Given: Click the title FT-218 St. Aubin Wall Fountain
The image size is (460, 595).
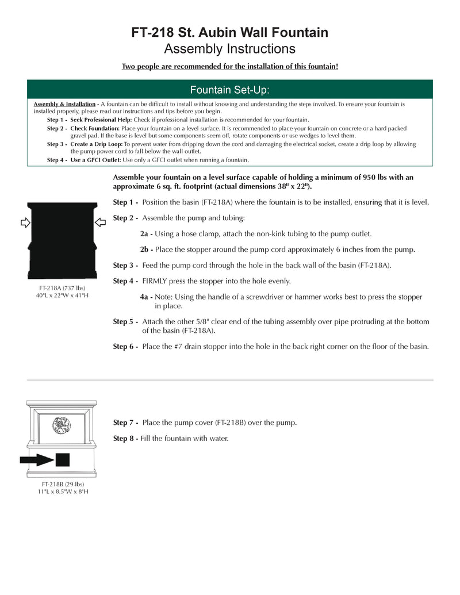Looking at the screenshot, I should (230, 32).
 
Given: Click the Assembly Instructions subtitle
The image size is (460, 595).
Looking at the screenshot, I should (230, 49).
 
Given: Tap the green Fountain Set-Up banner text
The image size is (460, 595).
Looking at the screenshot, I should (230, 90).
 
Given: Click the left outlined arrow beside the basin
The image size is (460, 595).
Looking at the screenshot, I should (25, 222).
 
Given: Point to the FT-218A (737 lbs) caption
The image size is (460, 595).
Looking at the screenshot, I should (62, 287).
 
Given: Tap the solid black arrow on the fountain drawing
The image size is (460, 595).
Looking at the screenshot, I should (36, 459).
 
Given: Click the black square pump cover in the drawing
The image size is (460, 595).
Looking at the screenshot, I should (62, 459).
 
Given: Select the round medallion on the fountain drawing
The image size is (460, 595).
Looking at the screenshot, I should (62, 426).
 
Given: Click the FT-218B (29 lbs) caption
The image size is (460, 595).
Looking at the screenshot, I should (62, 484).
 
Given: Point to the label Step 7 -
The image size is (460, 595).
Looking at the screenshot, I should (125, 423).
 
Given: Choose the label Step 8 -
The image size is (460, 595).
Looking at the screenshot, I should (125, 438).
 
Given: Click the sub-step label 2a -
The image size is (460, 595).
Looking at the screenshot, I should (146, 234).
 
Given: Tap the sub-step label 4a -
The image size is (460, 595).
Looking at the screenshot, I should (146, 297).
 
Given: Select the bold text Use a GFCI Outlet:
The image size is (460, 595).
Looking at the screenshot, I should (95, 160).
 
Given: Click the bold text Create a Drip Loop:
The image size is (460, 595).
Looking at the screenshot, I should (97, 144).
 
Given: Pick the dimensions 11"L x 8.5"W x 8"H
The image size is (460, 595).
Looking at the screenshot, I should (62, 492).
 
